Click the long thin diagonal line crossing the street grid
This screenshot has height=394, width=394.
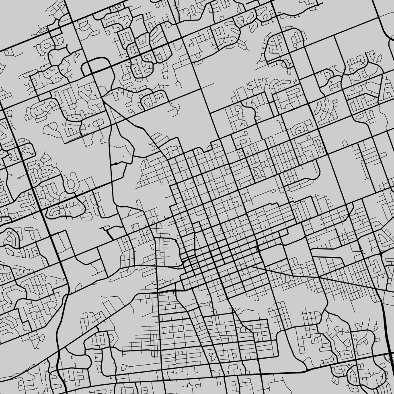pyautogui.click(x=306, y=275)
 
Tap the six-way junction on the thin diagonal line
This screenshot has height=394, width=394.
pyautogui.click(x=319, y=277)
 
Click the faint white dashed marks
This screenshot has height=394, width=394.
pyautogui.click(x=117, y=143)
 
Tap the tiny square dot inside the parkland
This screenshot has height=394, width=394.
pyautogui.click(x=123, y=156)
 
